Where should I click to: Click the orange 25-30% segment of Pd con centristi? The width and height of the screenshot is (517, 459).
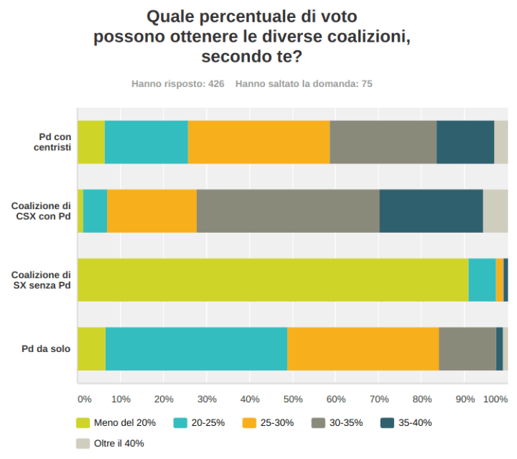pyautogui.click(x=258, y=142)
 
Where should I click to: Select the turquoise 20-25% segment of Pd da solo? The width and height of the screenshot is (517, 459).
pyautogui.click(x=196, y=349)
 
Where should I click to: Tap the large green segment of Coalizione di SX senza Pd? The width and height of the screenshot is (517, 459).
pyautogui.click(x=273, y=280)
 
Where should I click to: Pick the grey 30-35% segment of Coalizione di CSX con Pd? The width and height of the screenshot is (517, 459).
pyautogui.click(x=288, y=211)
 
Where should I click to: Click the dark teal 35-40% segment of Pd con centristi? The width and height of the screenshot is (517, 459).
pyautogui.click(x=465, y=142)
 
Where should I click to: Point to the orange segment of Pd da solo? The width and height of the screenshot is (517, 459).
pyautogui.click(x=363, y=349)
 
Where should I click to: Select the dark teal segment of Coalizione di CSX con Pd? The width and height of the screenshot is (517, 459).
pyautogui.click(x=431, y=211)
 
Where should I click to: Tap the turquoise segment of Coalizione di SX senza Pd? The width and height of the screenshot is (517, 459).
pyautogui.click(x=482, y=280)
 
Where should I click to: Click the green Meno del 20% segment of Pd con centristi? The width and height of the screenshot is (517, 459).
pyautogui.click(x=91, y=142)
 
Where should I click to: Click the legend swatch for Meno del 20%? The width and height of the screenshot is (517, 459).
pyautogui.click(x=83, y=422)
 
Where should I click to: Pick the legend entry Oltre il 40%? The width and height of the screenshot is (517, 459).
pyautogui.click(x=119, y=443)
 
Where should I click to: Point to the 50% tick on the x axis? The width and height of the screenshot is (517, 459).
pyautogui.click(x=293, y=399)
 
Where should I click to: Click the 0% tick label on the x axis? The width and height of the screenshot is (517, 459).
pyautogui.click(x=84, y=399)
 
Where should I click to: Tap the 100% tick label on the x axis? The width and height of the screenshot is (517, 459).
pyautogui.click(x=495, y=399)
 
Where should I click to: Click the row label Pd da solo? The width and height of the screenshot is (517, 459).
pyautogui.click(x=46, y=349)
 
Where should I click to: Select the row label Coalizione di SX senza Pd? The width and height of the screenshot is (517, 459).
pyautogui.click(x=41, y=280)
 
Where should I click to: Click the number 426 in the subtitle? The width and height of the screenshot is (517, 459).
pyautogui.click(x=216, y=84)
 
